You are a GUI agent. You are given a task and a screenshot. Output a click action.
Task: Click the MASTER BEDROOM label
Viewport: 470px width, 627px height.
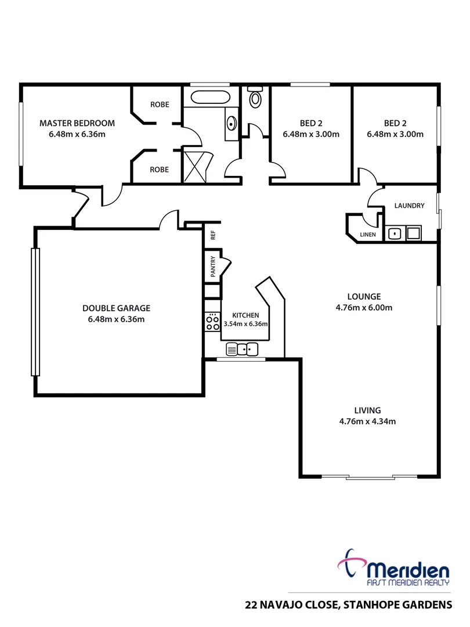pyautogui.click(x=77, y=123)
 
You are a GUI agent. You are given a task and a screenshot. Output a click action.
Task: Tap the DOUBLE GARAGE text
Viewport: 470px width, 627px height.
pyautogui.click(x=116, y=308)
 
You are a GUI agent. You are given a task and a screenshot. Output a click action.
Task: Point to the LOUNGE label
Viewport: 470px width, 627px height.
pyautogui.click(x=368, y=296)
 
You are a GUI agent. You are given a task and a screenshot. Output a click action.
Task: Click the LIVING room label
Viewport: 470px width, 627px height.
pyautogui.click(x=368, y=410)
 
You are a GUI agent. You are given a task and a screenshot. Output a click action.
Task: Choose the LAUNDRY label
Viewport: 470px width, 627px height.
pyautogui.click(x=409, y=206)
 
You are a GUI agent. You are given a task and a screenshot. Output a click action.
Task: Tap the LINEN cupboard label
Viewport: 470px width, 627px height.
pyautogui.click(x=367, y=235)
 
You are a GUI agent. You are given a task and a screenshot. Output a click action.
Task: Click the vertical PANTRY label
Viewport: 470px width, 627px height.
pyautogui.click(x=213, y=266)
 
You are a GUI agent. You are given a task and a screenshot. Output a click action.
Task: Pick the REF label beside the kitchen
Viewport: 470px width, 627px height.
pyautogui.click(x=213, y=235)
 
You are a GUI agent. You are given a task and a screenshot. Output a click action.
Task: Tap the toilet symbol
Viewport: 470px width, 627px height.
pyautogui.click(x=255, y=98)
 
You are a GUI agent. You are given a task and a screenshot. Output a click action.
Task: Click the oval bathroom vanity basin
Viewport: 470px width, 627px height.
pyautogui.click(x=232, y=123)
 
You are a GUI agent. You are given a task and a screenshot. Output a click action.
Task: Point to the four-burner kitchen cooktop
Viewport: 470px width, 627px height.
pyautogui.click(x=212, y=322)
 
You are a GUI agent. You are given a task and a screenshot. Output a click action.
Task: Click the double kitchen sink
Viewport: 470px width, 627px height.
pyautogui.click(x=241, y=349)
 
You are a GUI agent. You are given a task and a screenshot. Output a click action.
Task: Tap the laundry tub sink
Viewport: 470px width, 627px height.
pyautogui.click(x=395, y=234)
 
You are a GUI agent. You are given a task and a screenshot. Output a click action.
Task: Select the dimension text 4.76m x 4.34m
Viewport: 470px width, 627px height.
pyautogui.click(x=368, y=422)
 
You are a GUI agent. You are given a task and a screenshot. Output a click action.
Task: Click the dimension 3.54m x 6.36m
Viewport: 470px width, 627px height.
pyautogui.click(x=245, y=324)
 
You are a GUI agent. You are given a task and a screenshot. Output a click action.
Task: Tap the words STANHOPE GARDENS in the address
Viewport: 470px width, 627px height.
pyautogui.click(x=397, y=605)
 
